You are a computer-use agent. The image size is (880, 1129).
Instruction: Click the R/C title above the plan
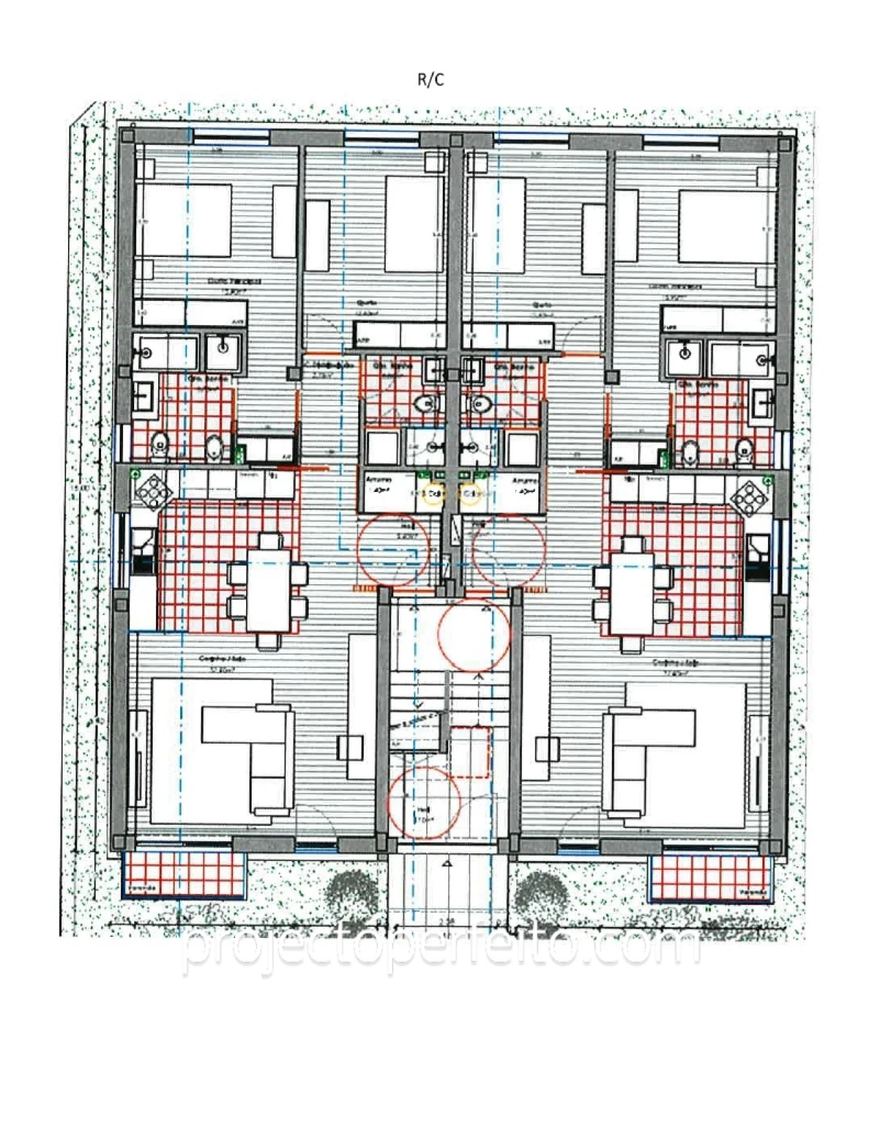coord(431,80)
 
